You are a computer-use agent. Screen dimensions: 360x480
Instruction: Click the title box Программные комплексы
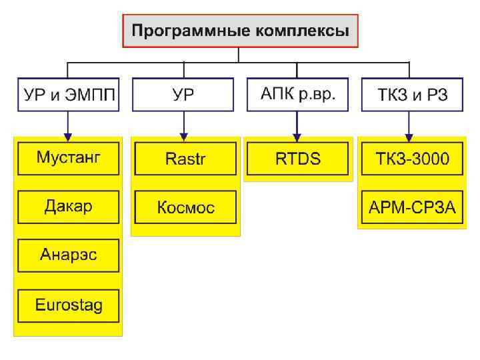point(240,31)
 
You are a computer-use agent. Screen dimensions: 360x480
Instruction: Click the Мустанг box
point(69,159)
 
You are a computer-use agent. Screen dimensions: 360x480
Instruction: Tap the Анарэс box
point(69,256)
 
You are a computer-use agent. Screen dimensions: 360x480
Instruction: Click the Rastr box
point(185,159)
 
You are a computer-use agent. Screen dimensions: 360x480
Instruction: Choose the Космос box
point(185,207)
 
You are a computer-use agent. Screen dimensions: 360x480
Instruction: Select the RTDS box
point(297,159)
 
